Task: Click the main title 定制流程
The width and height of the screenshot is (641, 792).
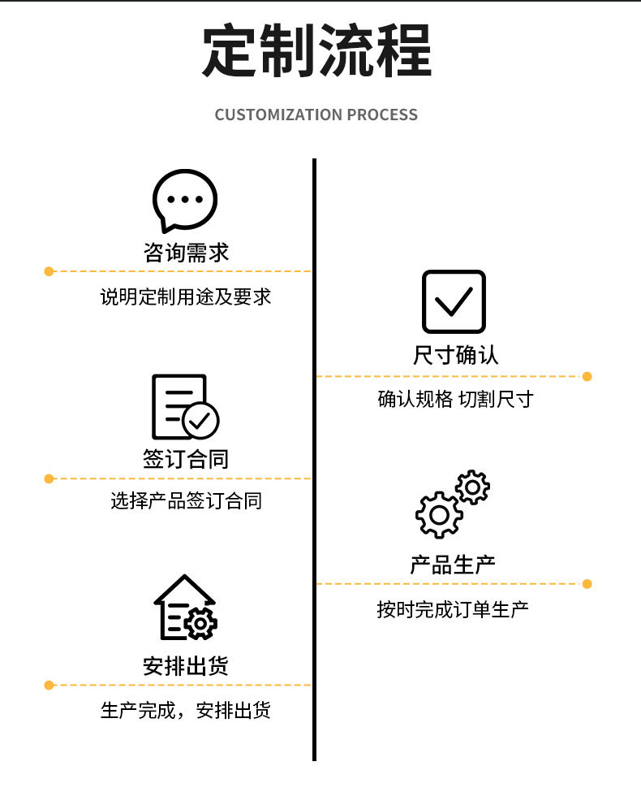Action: tap(316, 50)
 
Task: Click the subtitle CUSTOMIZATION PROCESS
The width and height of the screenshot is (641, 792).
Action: tap(316, 115)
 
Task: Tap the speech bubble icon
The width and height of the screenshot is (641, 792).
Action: tap(184, 200)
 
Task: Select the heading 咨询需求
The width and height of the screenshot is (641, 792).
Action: tap(186, 252)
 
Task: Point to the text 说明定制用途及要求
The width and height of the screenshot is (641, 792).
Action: tap(185, 296)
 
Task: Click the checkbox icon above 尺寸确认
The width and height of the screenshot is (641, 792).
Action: tap(454, 301)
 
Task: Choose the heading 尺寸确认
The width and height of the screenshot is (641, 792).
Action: tap(455, 355)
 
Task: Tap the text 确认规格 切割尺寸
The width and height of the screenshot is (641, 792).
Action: tap(455, 400)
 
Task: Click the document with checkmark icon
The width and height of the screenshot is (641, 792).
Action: tap(184, 407)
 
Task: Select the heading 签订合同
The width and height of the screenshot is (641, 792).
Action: tap(186, 459)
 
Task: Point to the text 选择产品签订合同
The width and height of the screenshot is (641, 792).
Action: tap(186, 501)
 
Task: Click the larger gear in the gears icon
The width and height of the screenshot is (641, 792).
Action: tap(438, 515)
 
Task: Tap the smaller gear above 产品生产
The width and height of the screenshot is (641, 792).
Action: tap(472, 487)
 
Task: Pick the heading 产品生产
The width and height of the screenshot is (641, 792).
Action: tap(453, 564)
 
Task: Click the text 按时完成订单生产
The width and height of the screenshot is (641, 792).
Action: tap(453, 608)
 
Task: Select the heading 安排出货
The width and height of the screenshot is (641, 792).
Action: tap(186, 666)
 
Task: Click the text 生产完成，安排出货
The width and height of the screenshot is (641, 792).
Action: tap(185, 711)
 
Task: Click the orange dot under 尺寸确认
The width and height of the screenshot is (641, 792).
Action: tap(587, 377)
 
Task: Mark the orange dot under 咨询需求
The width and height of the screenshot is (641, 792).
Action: tap(49, 271)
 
